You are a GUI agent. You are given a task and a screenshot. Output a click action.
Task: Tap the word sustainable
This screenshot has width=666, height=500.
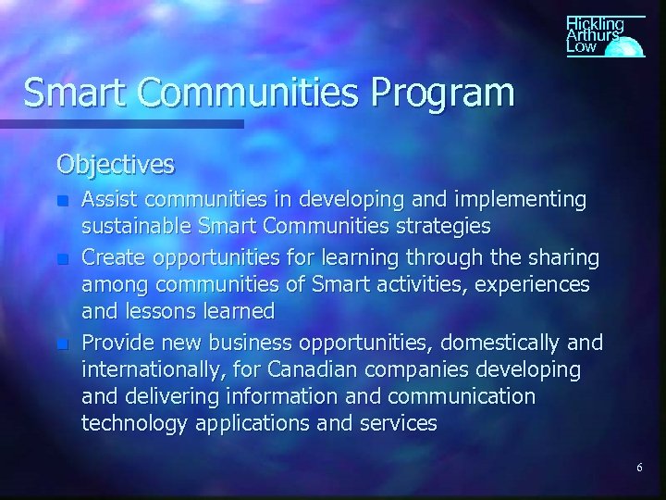[x=137, y=226]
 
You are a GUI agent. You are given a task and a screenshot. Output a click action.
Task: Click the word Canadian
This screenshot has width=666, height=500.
[x=305, y=370]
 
